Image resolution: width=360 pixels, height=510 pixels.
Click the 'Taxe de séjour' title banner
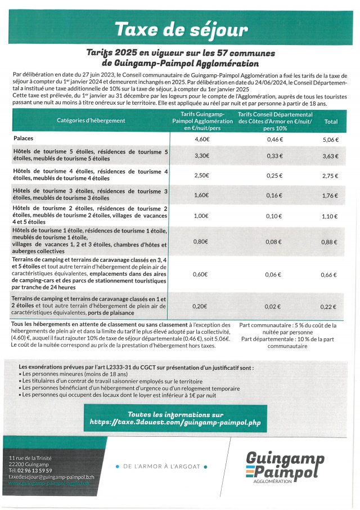180,29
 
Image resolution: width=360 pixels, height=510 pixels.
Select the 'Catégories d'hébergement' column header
91,121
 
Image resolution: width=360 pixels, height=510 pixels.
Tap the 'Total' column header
331,121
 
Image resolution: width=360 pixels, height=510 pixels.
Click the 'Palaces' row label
26,138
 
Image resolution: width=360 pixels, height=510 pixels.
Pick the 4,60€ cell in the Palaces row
202,139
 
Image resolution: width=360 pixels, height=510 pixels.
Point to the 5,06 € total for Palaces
330,139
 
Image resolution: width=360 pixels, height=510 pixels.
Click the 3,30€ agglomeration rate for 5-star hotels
202,156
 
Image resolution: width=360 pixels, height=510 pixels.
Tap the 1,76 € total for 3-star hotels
330,196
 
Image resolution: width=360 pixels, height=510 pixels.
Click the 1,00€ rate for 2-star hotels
202,216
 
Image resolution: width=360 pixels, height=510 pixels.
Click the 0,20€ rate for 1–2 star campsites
202,306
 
